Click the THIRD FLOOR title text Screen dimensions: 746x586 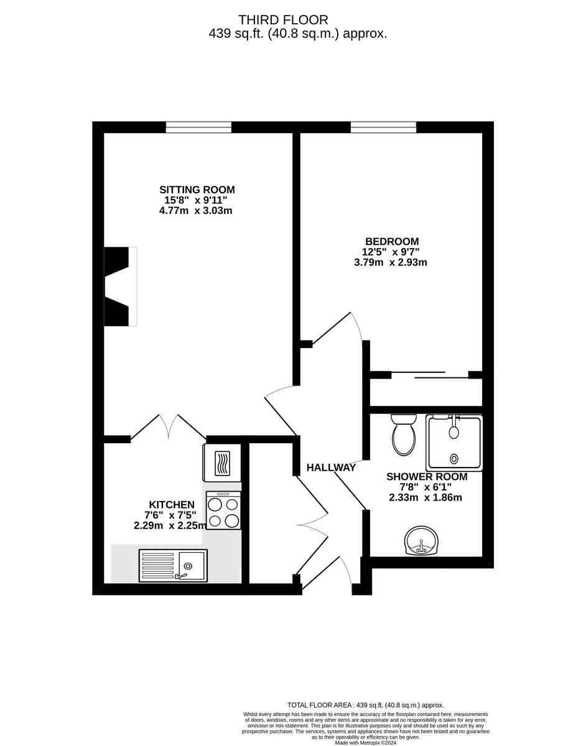[x=283, y=21]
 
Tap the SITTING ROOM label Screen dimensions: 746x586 [x=197, y=190]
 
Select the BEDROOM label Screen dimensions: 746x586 [x=391, y=241]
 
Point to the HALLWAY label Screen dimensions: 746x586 [x=331, y=467]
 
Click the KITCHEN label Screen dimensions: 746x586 [x=172, y=504]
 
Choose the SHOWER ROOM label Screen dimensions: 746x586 [x=426, y=477]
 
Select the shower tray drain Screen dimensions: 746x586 [x=453, y=459]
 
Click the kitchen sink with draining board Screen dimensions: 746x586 [x=173, y=566]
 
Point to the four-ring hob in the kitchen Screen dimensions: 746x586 [x=223, y=511]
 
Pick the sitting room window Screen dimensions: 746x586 [x=198, y=127]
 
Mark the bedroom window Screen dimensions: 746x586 [x=383, y=127]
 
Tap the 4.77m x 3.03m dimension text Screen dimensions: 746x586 [x=195, y=211]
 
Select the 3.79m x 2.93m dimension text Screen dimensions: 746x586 [x=391, y=262]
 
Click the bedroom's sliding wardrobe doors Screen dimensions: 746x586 [x=429, y=375]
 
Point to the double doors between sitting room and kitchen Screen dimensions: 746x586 [x=168, y=427]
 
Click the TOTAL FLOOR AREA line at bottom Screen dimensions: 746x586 [x=365, y=705]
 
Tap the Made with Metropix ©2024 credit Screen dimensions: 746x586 [x=365, y=742]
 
